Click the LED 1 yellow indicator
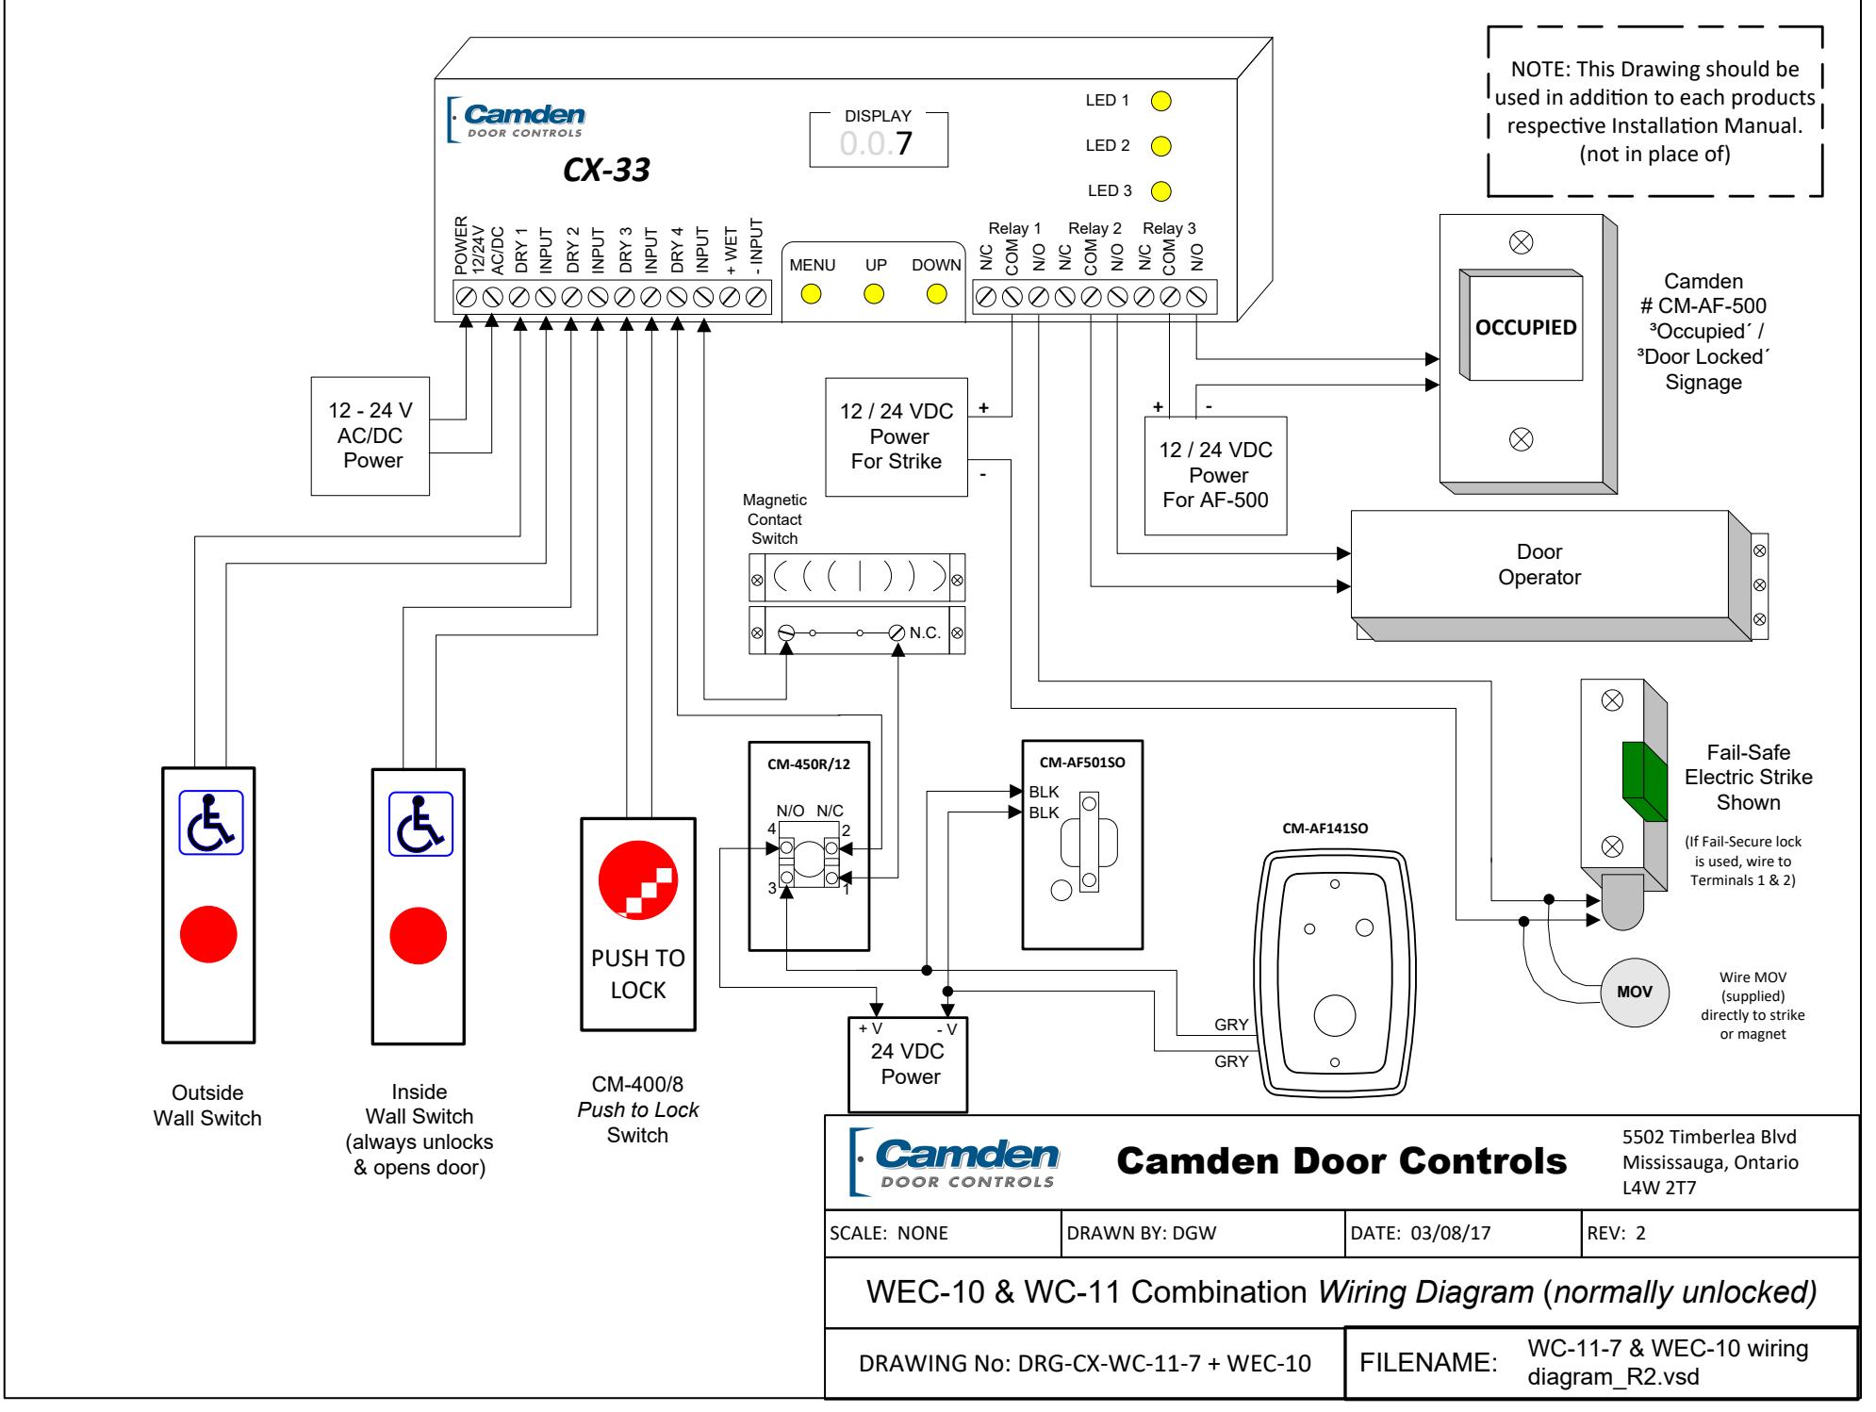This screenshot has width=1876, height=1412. (x=1162, y=101)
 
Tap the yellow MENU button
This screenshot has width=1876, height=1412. (x=812, y=294)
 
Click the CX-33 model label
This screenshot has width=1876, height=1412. (x=607, y=171)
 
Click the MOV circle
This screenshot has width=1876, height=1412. (x=1634, y=993)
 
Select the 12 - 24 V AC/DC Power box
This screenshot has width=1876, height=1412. (x=370, y=436)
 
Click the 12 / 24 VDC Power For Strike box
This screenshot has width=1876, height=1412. (x=897, y=436)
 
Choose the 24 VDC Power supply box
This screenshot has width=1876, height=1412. (x=909, y=1064)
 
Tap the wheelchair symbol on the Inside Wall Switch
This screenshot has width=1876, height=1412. (x=421, y=823)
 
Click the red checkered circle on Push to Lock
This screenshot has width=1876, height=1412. (x=638, y=878)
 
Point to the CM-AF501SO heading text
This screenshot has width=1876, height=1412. (x=1082, y=762)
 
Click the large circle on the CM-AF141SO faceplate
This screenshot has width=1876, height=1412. (x=1334, y=1016)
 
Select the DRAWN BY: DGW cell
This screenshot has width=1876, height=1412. (x=1202, y=1233)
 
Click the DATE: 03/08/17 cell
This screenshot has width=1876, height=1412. (x=1463, y=1233)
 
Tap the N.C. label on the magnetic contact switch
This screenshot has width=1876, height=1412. (x=925, y=632)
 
